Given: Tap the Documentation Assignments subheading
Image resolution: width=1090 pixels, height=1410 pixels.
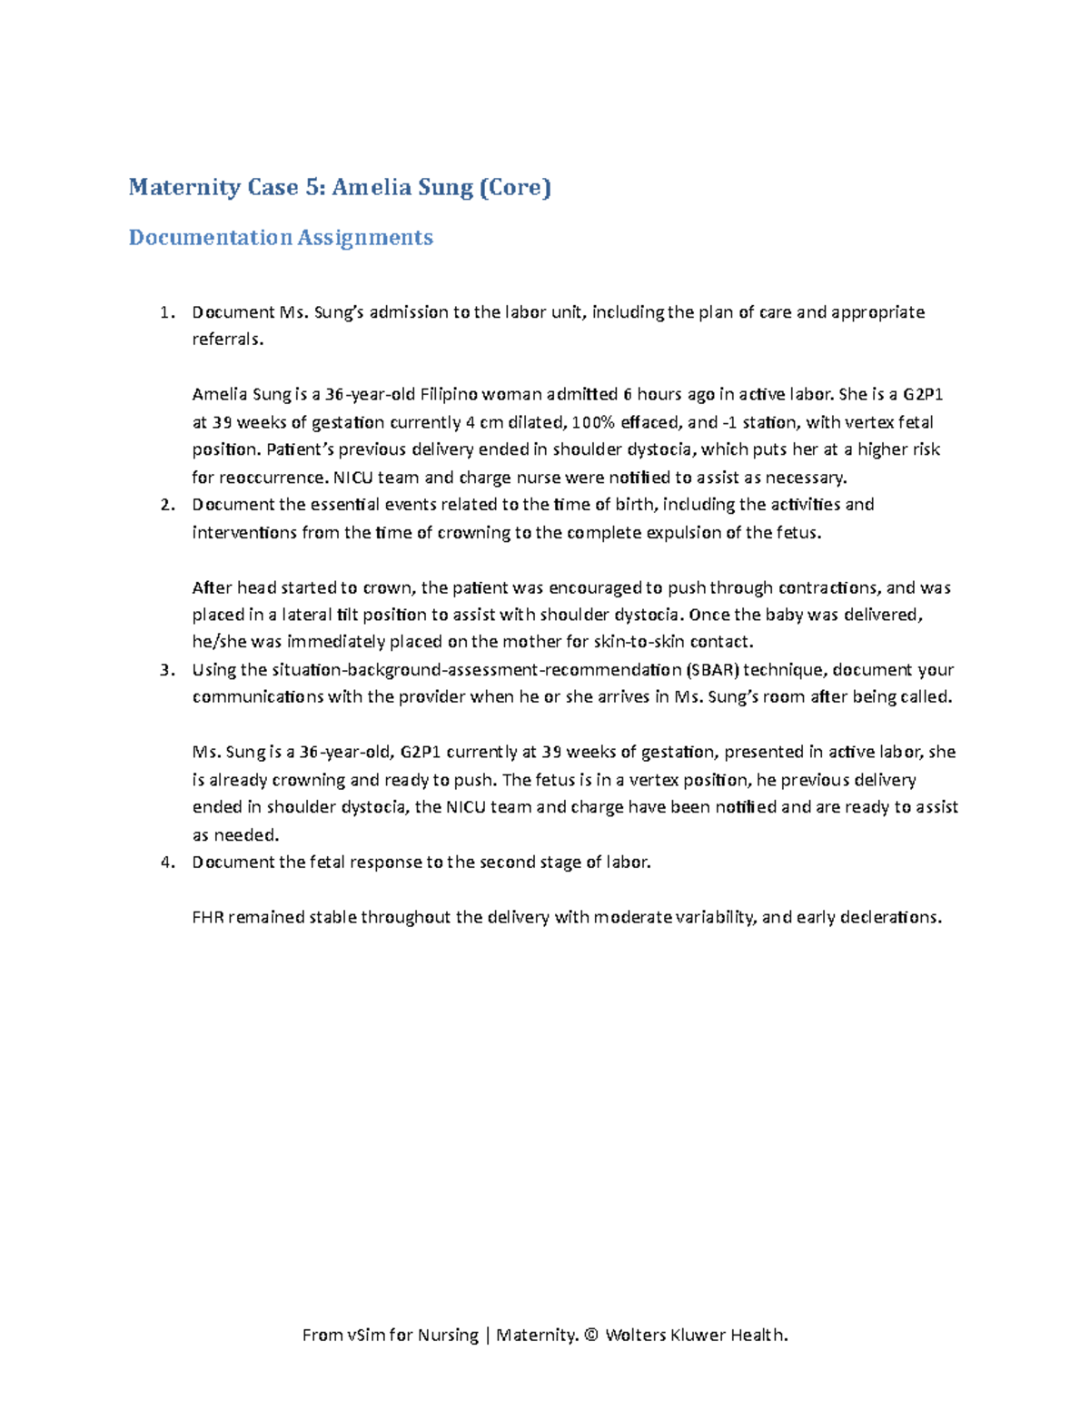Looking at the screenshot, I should [281, 238].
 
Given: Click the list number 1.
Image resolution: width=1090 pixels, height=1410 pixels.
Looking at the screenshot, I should [165, 312].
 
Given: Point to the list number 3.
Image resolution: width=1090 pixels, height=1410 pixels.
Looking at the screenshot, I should [165, 670].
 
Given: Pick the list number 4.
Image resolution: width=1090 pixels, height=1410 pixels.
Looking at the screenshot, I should [165, 863].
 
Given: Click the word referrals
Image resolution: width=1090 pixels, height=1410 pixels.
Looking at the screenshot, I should [227, 340].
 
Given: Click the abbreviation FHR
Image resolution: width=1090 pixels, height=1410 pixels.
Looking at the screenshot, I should [207, 917].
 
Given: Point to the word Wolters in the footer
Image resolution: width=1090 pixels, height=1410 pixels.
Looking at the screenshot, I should [635, 1335].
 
